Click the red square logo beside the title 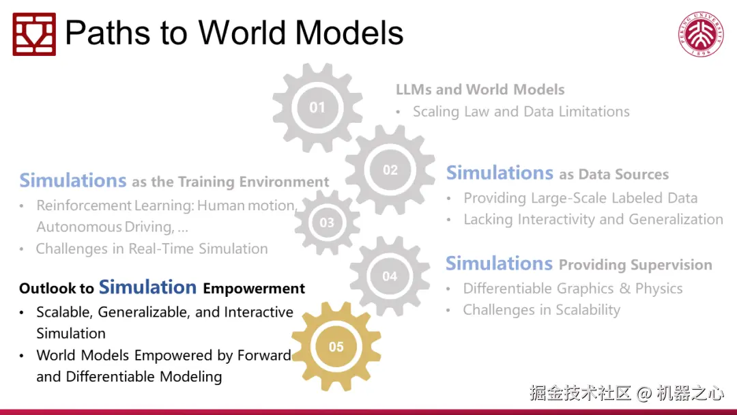[x=34, y=34]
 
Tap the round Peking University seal [x=701, y=34]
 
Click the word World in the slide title [x=242, y=33]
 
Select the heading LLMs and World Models [x=480, y=89]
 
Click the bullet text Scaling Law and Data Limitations [x=521, y=111]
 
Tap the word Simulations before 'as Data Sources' [x=500, y=173]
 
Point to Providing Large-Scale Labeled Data [x=581, y=198]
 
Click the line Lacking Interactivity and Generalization [x=593, y=220]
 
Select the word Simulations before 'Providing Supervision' [x=499, y=263]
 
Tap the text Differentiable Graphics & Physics [x=573, y=288]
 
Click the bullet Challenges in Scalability [x=541, y=310]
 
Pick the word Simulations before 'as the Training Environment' [x=73, y=180]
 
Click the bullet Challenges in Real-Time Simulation [x=151, y=248]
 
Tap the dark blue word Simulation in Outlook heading [x=147, y=287]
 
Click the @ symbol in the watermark [x=644, y=393]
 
